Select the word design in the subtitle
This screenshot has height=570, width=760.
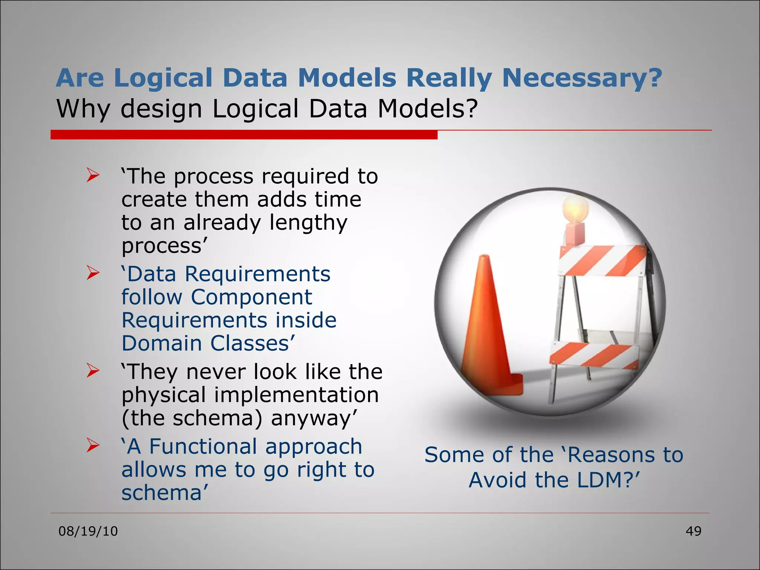(161, 109)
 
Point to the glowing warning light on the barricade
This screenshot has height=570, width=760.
(576, 210)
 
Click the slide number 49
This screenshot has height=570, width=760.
(693, 531)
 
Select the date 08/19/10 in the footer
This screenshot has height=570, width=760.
(88, 531)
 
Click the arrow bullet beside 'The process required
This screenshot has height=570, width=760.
(93, 175)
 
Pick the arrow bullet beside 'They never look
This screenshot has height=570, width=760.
(93, 371)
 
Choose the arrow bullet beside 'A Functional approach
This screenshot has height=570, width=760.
(93, 445)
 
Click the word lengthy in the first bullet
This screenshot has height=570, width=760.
(308, 223)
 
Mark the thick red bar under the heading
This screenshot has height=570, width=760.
(244, 135)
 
